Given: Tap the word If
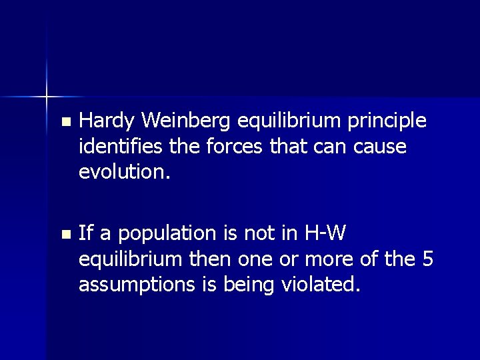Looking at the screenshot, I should point(85,233).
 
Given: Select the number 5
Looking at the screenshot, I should point(429,259).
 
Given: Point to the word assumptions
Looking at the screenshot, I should point(137,285).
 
